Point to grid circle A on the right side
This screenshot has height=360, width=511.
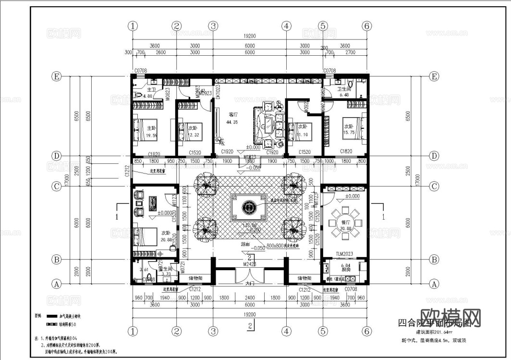coord(434,284)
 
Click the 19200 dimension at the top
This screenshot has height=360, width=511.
coord(250,36)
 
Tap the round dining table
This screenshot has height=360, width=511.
coord(346,219)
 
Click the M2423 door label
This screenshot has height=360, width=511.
coord(250,263)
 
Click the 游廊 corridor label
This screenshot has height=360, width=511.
coord(245,245)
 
